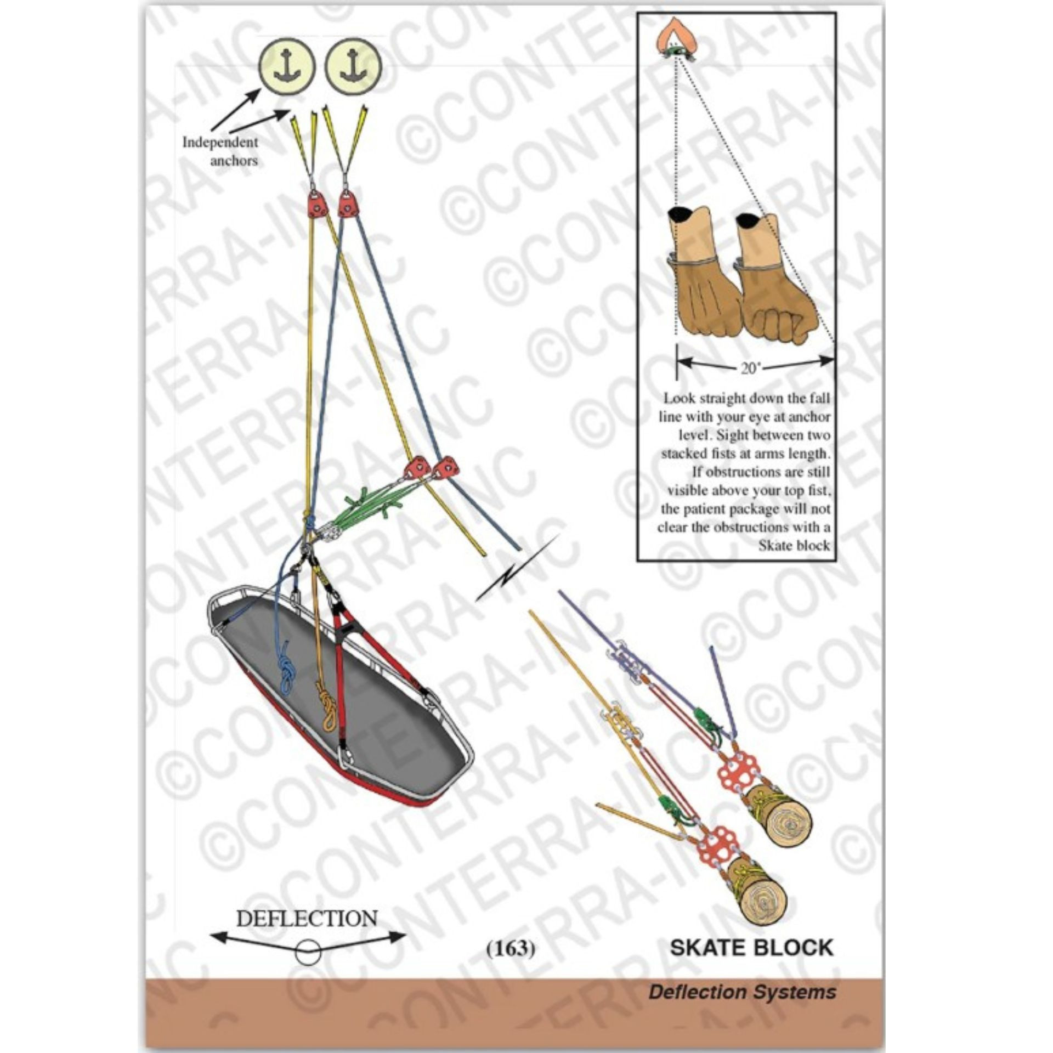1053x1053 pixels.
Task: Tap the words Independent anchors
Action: (220, 151)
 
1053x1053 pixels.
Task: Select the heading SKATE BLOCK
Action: (751, 948)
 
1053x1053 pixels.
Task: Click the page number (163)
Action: (511, 948)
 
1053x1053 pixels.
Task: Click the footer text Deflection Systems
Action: (742, 992)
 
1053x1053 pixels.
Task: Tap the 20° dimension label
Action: (749, 369)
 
